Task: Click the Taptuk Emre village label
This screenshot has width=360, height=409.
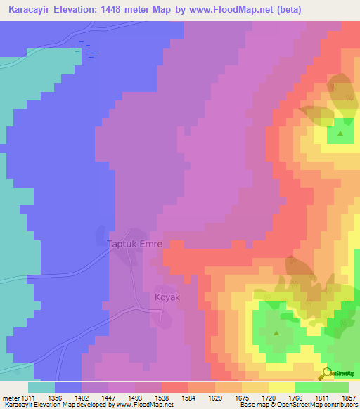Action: pos(134,245)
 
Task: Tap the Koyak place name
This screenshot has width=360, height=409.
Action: pos(167,297)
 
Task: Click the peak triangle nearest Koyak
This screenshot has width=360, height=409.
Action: pos(276,333)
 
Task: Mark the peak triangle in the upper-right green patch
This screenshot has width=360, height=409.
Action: pos(341,133)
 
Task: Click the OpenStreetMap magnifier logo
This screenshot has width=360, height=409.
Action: pos(324,373)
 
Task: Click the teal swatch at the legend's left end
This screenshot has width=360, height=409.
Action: pos(41,387)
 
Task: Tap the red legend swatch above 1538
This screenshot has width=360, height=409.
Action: pos(174,387)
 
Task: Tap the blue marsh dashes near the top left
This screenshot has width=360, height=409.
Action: pos(87,48)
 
